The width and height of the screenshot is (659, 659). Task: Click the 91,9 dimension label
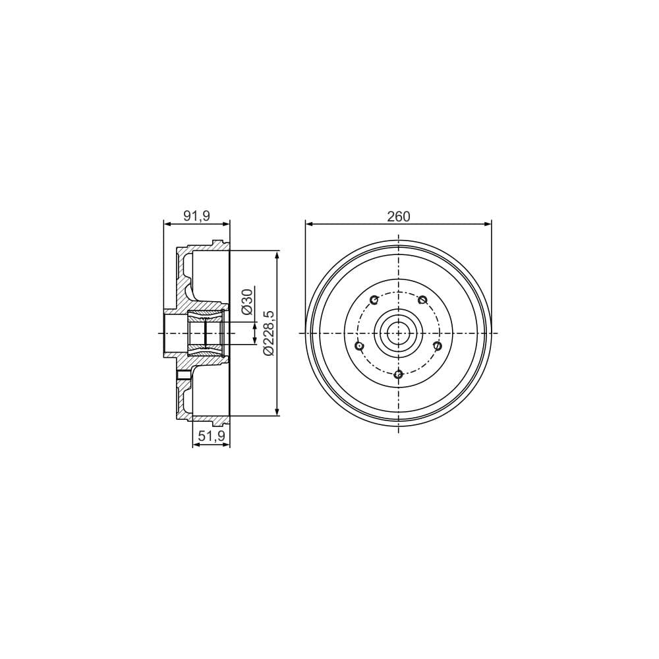click(196, 216)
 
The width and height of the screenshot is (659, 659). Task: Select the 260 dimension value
click(399, 216)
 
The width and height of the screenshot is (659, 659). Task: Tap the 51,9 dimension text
click(212, 437)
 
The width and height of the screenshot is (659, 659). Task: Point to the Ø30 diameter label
click(247, 301)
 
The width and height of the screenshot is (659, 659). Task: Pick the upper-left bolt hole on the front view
click(374, 300)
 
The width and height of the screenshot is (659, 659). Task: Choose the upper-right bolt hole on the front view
click(423, 300)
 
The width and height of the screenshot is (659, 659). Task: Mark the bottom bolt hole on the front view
click(399, 374)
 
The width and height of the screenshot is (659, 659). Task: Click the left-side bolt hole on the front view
click(359, 346)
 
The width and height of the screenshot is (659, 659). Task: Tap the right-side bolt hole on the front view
click(438, 345)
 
